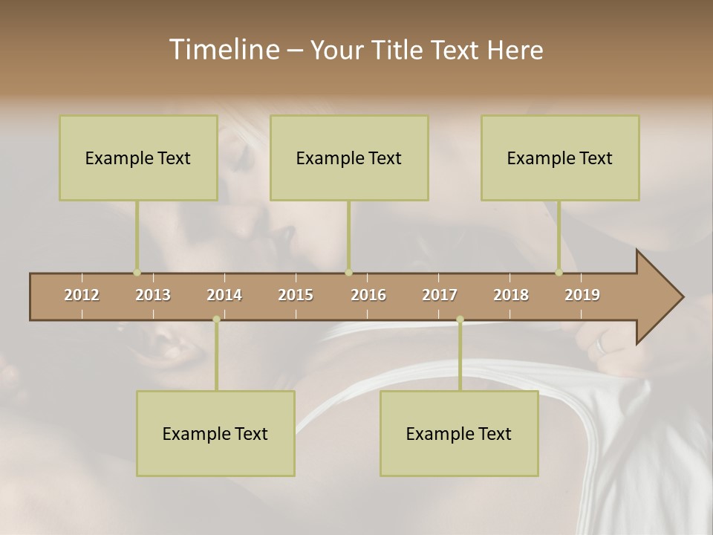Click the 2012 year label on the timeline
coord(82,295)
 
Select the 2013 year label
coord(153,295)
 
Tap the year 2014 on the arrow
coord(224,295)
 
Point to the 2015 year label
coord(296,295)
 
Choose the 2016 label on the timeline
coord(368,295)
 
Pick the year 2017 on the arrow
coord(440,295)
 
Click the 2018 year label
coord(511,295)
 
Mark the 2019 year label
coord(582,295)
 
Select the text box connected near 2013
coord(138,158)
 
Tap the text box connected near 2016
coord(349,158)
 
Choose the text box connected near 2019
coord(560,158)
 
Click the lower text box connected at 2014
coord(215,433)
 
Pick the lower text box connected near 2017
coord(459,433)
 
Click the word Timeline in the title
coord(223,50)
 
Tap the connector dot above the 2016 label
coord(349,273)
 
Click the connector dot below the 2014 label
coord(216,320)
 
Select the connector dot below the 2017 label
coord(460,320)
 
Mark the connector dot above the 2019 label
coord(559,273)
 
